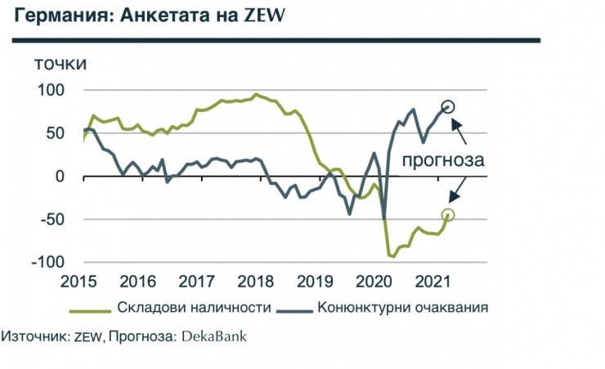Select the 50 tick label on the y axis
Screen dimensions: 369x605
56,132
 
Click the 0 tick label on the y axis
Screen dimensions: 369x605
60,176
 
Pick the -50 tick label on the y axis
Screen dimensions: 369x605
52,219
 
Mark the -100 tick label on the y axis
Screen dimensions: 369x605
48,263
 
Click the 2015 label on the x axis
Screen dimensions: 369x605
84,282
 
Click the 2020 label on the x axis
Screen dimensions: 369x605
373,282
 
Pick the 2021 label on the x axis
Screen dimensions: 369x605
431,282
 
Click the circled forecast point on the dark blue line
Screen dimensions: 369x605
448,106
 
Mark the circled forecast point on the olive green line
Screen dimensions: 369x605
448,215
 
